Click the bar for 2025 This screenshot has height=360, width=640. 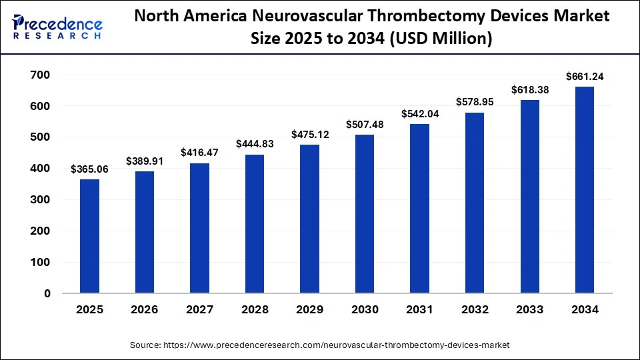[89, 236]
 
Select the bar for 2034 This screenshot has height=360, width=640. [584, 190]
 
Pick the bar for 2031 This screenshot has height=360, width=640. [419, 209]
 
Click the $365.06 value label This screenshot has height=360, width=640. [89, 169]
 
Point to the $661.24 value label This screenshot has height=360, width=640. [584, 77]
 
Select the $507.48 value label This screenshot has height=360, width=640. [365, 125]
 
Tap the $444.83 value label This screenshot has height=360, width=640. [255, 144]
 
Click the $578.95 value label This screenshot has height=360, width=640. [475, 103]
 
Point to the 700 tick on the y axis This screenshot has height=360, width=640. [41, 75]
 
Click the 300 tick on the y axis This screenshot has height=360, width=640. [41, 200]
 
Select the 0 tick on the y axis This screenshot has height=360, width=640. [47, 293]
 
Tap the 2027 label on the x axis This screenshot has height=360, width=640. [199, 310]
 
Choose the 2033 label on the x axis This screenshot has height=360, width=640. [529, 310]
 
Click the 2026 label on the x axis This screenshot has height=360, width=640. [145, 310]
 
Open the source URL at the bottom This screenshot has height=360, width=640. [320, 345]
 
